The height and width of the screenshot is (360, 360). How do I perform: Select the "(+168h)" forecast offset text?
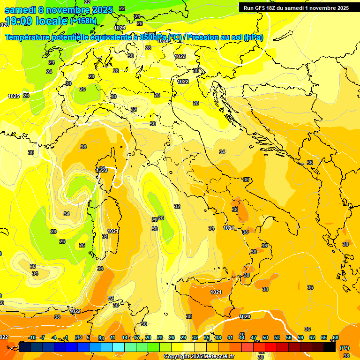84,21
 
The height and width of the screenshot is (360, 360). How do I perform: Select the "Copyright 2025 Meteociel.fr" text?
199,357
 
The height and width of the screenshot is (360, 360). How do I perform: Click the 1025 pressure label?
14,96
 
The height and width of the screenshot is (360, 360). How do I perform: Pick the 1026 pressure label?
120,28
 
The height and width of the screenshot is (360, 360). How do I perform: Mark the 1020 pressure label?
244,316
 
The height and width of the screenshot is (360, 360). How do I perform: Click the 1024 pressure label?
163,41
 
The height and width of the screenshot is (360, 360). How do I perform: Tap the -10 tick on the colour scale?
32,337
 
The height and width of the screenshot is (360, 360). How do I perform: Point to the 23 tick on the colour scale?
160,337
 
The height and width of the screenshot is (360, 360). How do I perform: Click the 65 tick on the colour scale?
324,337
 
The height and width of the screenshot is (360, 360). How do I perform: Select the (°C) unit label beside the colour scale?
345,348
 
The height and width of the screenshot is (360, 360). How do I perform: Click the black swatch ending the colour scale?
330,347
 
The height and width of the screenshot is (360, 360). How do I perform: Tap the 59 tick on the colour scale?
300,337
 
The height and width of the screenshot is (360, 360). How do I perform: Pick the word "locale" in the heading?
52,21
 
